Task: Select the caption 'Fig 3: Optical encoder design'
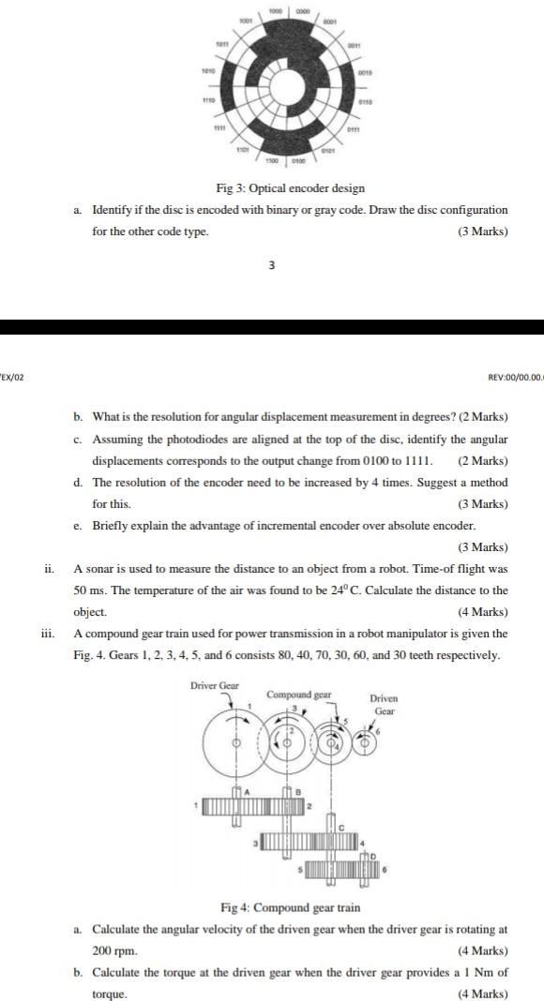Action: [x=291, y=189]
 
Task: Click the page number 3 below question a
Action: [x=272, y=265]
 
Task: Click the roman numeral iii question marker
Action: [x=48, y=634]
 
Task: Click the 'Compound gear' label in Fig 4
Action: [x=299, y=695]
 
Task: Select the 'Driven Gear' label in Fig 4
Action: [x=384, y=705]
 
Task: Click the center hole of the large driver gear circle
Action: [x=236, y=742]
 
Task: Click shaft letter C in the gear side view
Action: [x=341, y=825]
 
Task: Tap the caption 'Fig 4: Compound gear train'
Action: [x=291, y=907]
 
